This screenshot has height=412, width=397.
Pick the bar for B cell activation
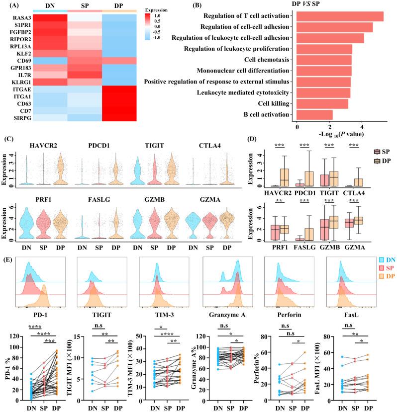click(315, 115)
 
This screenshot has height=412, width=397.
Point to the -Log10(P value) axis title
click(339, 134)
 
